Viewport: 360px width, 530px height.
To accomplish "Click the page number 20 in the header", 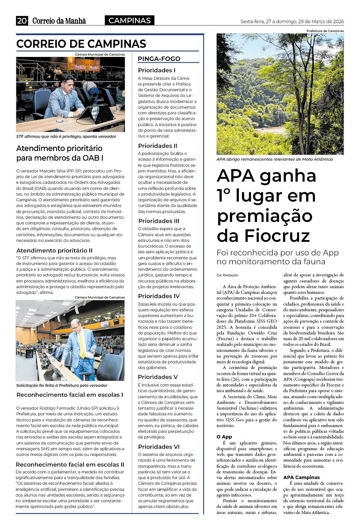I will pos(22,21).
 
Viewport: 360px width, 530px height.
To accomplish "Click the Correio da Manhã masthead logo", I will pos(59,21).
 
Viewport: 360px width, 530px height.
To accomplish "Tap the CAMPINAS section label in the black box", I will pos(129,21).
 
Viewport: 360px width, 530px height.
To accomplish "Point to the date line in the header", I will pos(292,21).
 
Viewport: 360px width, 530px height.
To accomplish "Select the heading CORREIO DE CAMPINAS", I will pos(81,44).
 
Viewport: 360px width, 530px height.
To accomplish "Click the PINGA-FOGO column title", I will pos(159,59).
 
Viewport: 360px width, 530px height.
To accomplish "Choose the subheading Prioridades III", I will pos(159,221).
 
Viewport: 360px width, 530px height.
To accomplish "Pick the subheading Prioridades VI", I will pos(159,447).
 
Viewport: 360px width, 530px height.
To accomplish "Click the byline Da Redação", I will pos(227,275).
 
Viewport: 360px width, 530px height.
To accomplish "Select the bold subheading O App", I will pos(224,437).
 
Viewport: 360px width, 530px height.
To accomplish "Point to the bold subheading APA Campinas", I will pos(302,477).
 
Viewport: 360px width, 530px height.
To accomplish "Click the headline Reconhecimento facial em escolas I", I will pos(70,395).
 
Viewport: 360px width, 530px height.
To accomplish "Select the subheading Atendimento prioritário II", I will pos(54,250).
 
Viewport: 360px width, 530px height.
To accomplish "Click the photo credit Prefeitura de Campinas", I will pos(325,31).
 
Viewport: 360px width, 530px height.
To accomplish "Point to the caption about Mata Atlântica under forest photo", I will pos(274,159).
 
